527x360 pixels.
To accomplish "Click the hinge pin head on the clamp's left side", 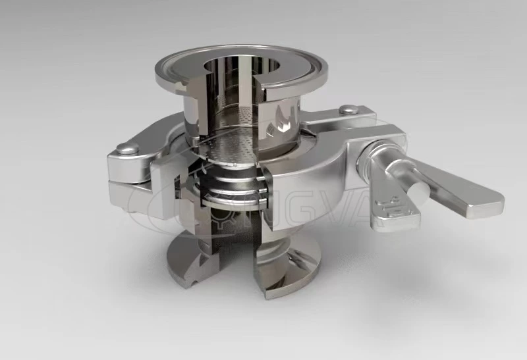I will (122, 149).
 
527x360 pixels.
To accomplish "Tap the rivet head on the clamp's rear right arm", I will (350, 109).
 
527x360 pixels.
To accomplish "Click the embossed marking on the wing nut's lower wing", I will (388, 204).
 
